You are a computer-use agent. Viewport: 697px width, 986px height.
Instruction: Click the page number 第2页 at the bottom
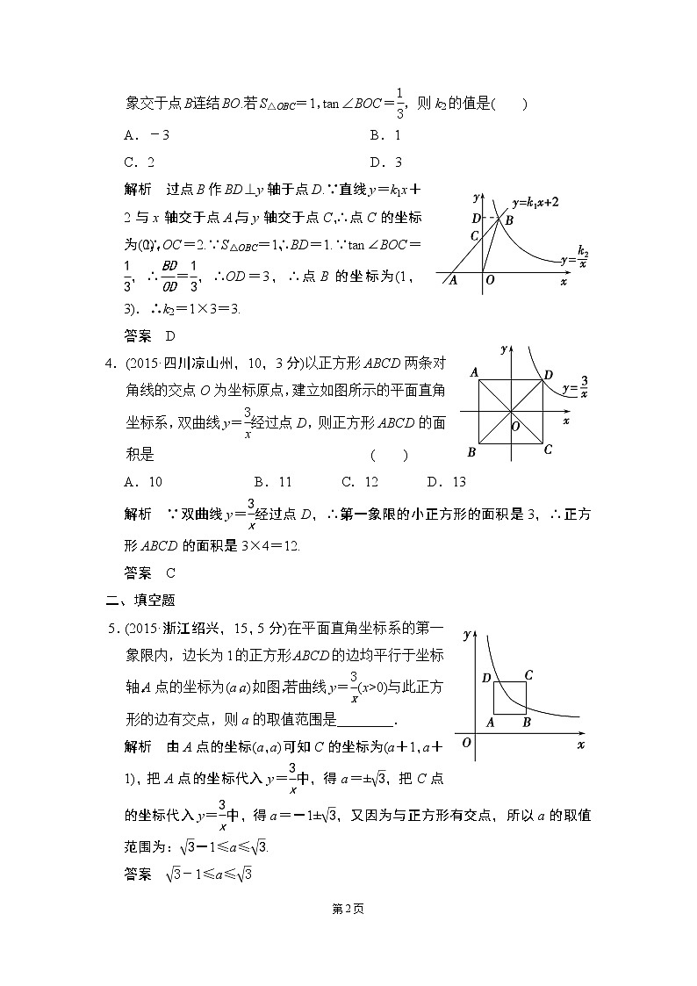[x=348, y=909]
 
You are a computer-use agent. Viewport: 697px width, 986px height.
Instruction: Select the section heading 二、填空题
[x=140, y=601]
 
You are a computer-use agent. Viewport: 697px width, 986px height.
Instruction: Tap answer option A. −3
[x=147, y=135]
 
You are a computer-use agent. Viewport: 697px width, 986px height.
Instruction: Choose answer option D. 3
[x=385, y=162]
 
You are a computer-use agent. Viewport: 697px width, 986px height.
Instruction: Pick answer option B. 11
[x=272, y=481]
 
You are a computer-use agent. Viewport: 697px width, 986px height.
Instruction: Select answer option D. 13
[x=446, y=481]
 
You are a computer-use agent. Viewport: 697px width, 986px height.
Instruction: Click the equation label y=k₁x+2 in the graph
[x=536, y=203]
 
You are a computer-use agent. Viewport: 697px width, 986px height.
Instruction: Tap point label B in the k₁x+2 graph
[x=508, y=220]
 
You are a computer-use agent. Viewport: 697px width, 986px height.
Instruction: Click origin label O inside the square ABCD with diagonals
[x=516, y=425]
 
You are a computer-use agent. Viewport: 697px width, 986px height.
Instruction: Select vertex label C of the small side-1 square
[x=528, y=674]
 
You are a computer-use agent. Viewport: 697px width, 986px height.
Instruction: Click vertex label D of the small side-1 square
[x=486, y=677]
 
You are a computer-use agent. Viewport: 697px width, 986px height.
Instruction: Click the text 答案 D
[x=150, y=335]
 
